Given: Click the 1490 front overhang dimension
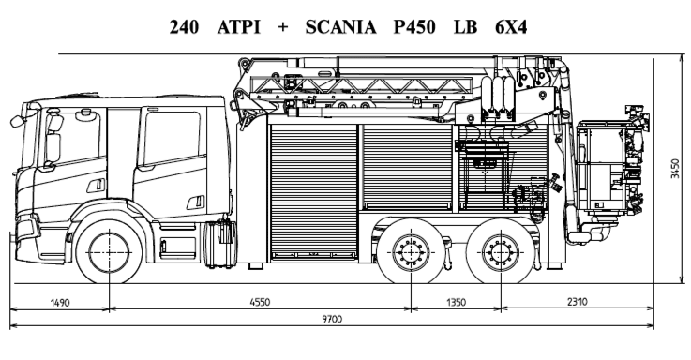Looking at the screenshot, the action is click(x=60, y=303).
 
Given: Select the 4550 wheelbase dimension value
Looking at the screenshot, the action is click(x=260, y=302).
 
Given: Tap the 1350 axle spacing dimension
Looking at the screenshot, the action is click(x=456, y=302).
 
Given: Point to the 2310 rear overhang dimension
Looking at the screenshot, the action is click(x=577, y=302).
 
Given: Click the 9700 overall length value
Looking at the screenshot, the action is click(x=332, y=319).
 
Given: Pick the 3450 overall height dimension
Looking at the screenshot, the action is click(x=675, y=169).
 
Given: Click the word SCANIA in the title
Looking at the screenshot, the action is click(x=340, y=27).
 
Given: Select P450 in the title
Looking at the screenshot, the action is click(x=414, y=27).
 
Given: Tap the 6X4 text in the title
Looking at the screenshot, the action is click(x=511, y=27).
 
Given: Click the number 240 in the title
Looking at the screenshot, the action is click(x=184, y=27).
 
